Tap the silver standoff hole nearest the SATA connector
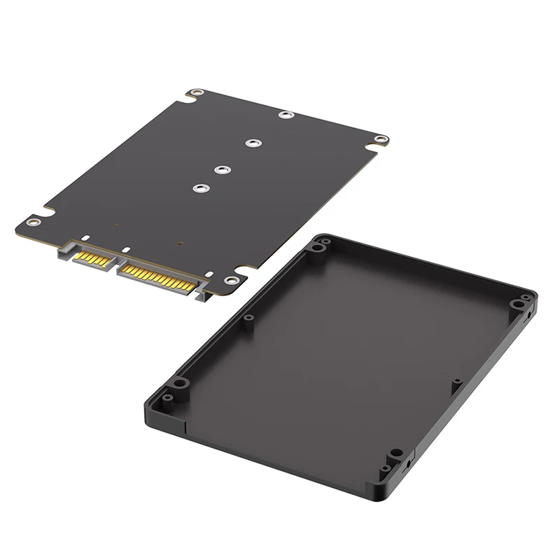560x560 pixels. coord(202,188)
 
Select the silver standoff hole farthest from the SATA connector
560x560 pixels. coord(284,115)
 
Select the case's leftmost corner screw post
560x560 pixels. coord(178,383)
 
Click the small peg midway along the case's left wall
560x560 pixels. coord(248,319)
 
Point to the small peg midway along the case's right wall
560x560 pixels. coord(456,382)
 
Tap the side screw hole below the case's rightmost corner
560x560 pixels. coord(524,318)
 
